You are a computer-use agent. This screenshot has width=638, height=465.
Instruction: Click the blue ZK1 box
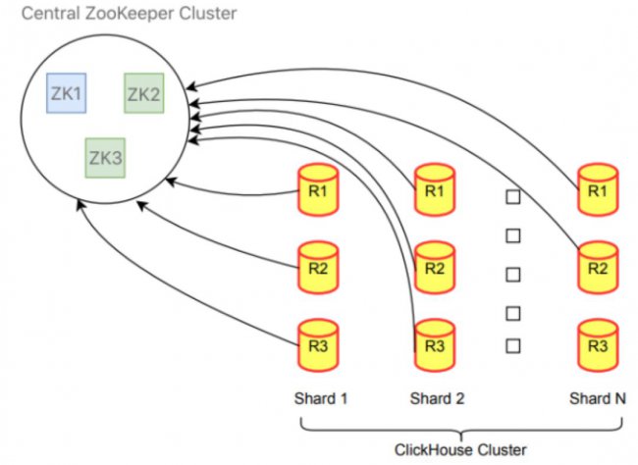[x=67, y=93]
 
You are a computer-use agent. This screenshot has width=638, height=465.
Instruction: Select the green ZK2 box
[x=144, y=93]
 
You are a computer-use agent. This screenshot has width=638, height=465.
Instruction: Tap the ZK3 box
[x=105, y=158]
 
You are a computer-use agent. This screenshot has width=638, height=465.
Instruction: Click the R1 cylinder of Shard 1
[x=318, y=189]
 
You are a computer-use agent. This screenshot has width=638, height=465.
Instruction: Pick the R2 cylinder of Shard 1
[x=318, y=268]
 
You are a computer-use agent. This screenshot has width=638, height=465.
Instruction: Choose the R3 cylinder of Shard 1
[x=318, y=345]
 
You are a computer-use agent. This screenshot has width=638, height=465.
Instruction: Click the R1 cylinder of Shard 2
[x=435, y=189]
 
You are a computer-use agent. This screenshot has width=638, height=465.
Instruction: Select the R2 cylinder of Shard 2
[x=435, y=268]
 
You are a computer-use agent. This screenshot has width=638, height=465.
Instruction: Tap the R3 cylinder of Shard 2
[x=435, y=345]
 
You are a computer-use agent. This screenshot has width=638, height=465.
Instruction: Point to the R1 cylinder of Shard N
[x=598, y=189]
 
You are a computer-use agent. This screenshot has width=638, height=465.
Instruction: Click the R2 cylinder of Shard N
[x=598, y=268]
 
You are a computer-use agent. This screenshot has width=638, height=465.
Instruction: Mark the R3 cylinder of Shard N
[x=598, y=345]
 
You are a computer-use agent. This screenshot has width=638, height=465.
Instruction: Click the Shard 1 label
[x=321, y=398]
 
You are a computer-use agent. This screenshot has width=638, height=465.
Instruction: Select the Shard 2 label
[x=438, y=398]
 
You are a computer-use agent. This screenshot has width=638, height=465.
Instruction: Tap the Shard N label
[x=598, y=398]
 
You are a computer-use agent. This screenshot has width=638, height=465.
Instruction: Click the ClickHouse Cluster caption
[x=460, y=450]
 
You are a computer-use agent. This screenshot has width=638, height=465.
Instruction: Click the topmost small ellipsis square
[x=513, y=197]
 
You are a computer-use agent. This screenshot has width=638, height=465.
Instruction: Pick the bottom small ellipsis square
[x=513, y=345]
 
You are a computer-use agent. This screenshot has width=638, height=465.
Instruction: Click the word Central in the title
[x=50, y=14]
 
